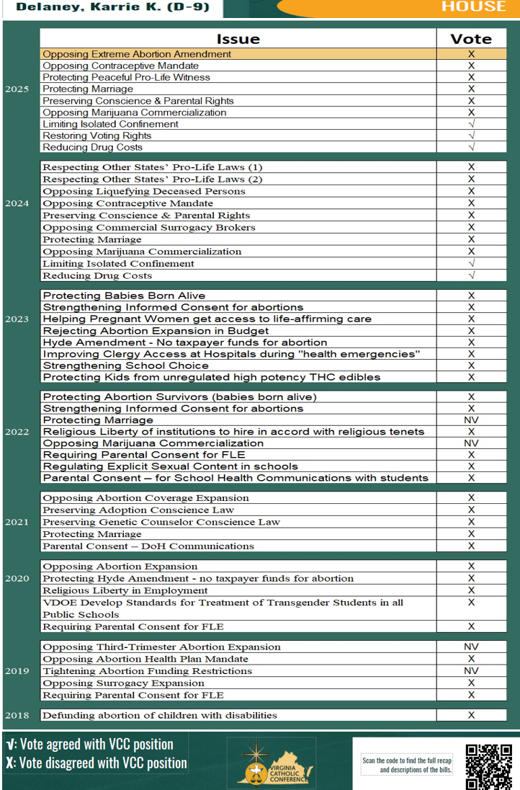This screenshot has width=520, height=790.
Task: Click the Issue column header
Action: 238,39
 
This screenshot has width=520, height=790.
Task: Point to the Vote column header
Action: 471,39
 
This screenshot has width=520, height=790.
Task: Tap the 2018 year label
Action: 17,715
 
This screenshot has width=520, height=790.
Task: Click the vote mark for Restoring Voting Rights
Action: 471,136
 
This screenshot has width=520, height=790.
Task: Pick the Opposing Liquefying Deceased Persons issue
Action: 144,191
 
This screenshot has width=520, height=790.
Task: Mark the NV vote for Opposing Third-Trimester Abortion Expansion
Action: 471,647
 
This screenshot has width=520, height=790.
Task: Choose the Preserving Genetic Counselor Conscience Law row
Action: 161,522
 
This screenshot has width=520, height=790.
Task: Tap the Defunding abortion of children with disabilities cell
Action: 160,715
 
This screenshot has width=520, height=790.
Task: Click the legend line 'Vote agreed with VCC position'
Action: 89,744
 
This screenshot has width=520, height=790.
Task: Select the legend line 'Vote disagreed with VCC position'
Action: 96,763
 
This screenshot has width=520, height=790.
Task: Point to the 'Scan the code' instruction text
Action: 408,764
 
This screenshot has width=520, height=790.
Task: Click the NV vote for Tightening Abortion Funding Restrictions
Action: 471,671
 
